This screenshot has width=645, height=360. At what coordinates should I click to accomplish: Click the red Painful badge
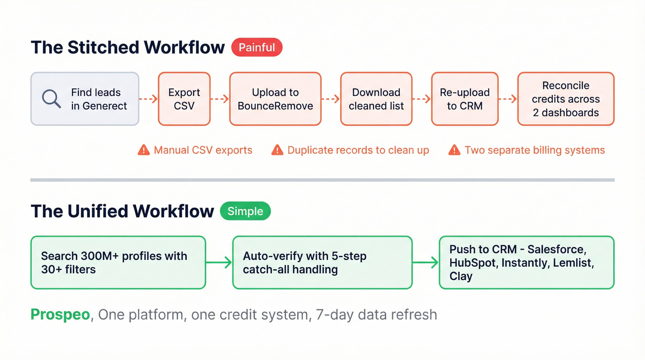click(257, 47)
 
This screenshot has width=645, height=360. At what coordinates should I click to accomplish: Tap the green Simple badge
click(245, 211)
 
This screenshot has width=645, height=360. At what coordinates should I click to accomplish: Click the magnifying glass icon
click(51, 99)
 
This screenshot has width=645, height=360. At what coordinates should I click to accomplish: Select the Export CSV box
click(184, 99)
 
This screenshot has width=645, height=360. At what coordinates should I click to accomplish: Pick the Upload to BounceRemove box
click(275, 99)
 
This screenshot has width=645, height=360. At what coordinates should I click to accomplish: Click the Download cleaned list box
click(376, 99)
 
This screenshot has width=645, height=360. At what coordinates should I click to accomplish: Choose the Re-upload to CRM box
click(464, 99)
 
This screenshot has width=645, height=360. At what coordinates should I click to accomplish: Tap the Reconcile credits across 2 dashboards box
click(566, 99)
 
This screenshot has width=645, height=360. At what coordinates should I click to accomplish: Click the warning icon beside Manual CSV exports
click(144, 150)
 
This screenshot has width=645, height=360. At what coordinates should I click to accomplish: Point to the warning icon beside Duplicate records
click(277, 150)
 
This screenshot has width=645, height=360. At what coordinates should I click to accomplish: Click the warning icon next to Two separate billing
click(454, 150)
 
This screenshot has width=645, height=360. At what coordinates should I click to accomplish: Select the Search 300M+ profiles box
click(118, 263)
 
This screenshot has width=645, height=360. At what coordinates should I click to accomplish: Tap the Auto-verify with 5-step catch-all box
click(322, 263)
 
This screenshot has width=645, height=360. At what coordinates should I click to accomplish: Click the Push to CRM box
click(526, 263)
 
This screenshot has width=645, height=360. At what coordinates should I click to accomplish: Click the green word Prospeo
click(60, 314)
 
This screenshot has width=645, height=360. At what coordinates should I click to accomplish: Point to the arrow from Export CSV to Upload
click(220, 99)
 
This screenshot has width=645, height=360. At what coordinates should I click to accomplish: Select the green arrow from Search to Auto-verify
click(219, 263)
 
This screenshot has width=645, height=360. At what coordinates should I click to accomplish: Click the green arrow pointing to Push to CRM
click(425, 263)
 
